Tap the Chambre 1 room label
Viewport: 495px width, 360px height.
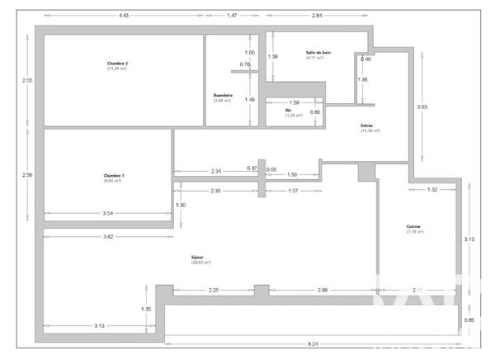(113, 175)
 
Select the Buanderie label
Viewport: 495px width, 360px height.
(223, 96)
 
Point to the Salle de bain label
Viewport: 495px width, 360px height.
(318, 53)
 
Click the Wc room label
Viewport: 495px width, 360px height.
(289, 111)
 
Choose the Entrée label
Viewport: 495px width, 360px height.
(367, 126)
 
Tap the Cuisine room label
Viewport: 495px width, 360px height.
(414, 227)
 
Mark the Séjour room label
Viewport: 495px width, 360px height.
(199, 257)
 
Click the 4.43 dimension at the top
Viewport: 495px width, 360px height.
(125, 15)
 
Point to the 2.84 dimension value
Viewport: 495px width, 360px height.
(317, 15)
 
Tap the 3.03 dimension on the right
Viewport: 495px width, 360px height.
(422, 107)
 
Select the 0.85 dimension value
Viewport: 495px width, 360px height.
(469, 320)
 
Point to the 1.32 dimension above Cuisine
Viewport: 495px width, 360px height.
(432, 190)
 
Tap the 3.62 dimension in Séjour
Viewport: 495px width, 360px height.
(102, 237)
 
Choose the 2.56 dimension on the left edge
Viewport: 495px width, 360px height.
(27, 175)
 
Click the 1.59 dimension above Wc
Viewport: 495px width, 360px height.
(295, 102)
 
